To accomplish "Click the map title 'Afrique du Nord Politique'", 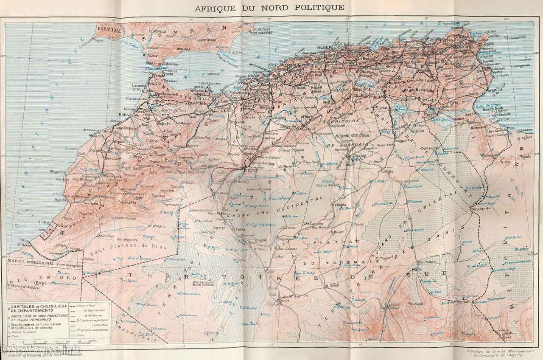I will pos(269,8).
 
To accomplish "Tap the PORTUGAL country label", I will pos(109,30).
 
